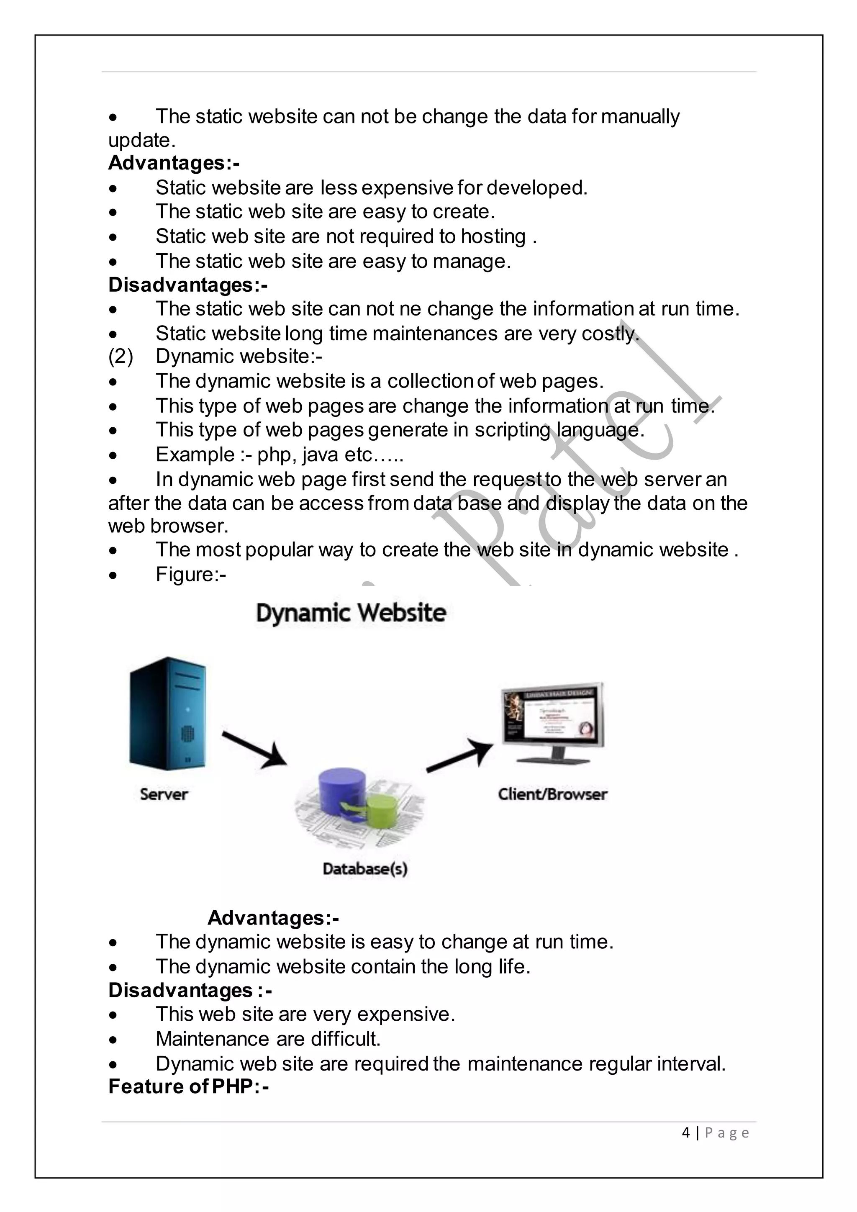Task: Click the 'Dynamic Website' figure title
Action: coord(351,614)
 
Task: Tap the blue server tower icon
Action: coord(168,713)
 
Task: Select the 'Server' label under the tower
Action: coord(164,794)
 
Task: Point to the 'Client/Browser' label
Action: coord(552,794)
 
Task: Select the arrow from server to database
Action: coord(254,749)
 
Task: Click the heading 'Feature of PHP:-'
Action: coord(188,1087)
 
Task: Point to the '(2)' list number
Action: coord(121,357)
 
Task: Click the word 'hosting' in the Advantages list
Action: coord(493,236)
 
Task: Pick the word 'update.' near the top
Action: coord(141,141)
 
